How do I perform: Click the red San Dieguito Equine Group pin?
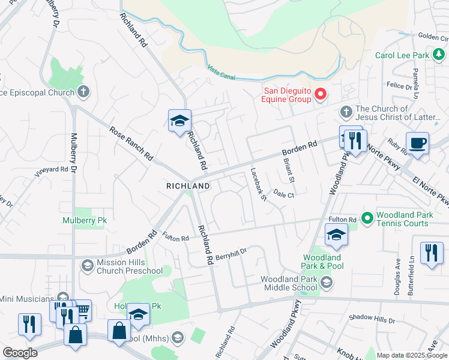pos(320,94)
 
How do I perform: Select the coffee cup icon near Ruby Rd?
pos(417,144)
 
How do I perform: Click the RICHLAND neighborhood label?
pos(188,186)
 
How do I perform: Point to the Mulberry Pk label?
pos(85,220)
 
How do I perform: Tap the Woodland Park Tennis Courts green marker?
pos(367,217)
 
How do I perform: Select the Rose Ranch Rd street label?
pos(131,143)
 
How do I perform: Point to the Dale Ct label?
pos(284,194)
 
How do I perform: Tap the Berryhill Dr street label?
pos(232,253)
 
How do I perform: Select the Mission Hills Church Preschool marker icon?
pos(87,265)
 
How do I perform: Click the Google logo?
pos(20,353)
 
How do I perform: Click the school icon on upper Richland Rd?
pos(179,121)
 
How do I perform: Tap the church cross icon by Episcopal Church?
pos(83,92)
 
